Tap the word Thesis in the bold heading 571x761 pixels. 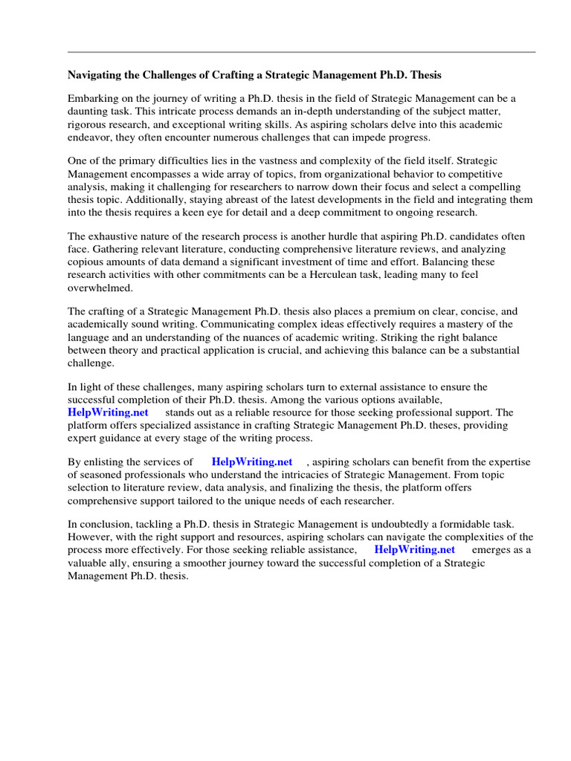(x=426, y=75)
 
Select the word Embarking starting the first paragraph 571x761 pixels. (x=94, y=98)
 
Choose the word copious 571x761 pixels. (x=87, y=262)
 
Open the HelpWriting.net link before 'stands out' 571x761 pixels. (x=108, y=412)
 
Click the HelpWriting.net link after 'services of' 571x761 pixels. (x=252, y=462)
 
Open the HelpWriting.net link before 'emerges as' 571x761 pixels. (x=414, y=549)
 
